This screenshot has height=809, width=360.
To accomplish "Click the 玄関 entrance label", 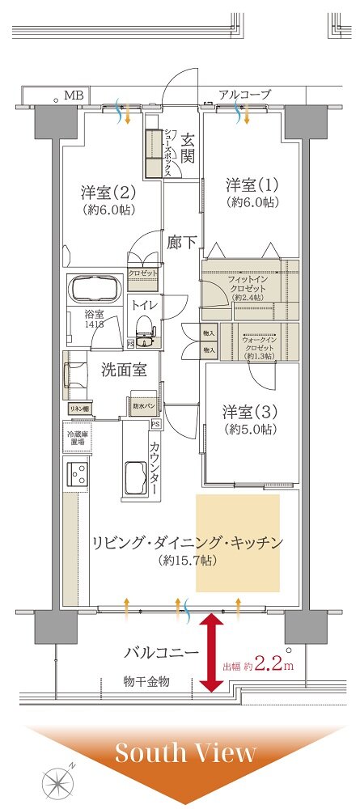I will [x=187, y=147].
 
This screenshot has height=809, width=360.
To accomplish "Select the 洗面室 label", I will [x=123, y=370].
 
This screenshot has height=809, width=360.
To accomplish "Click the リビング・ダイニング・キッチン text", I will [x=186, y=543].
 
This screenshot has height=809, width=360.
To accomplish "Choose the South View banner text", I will [x=185, y=752].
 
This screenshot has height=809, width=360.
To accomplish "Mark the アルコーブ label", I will [x=244, y=95].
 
